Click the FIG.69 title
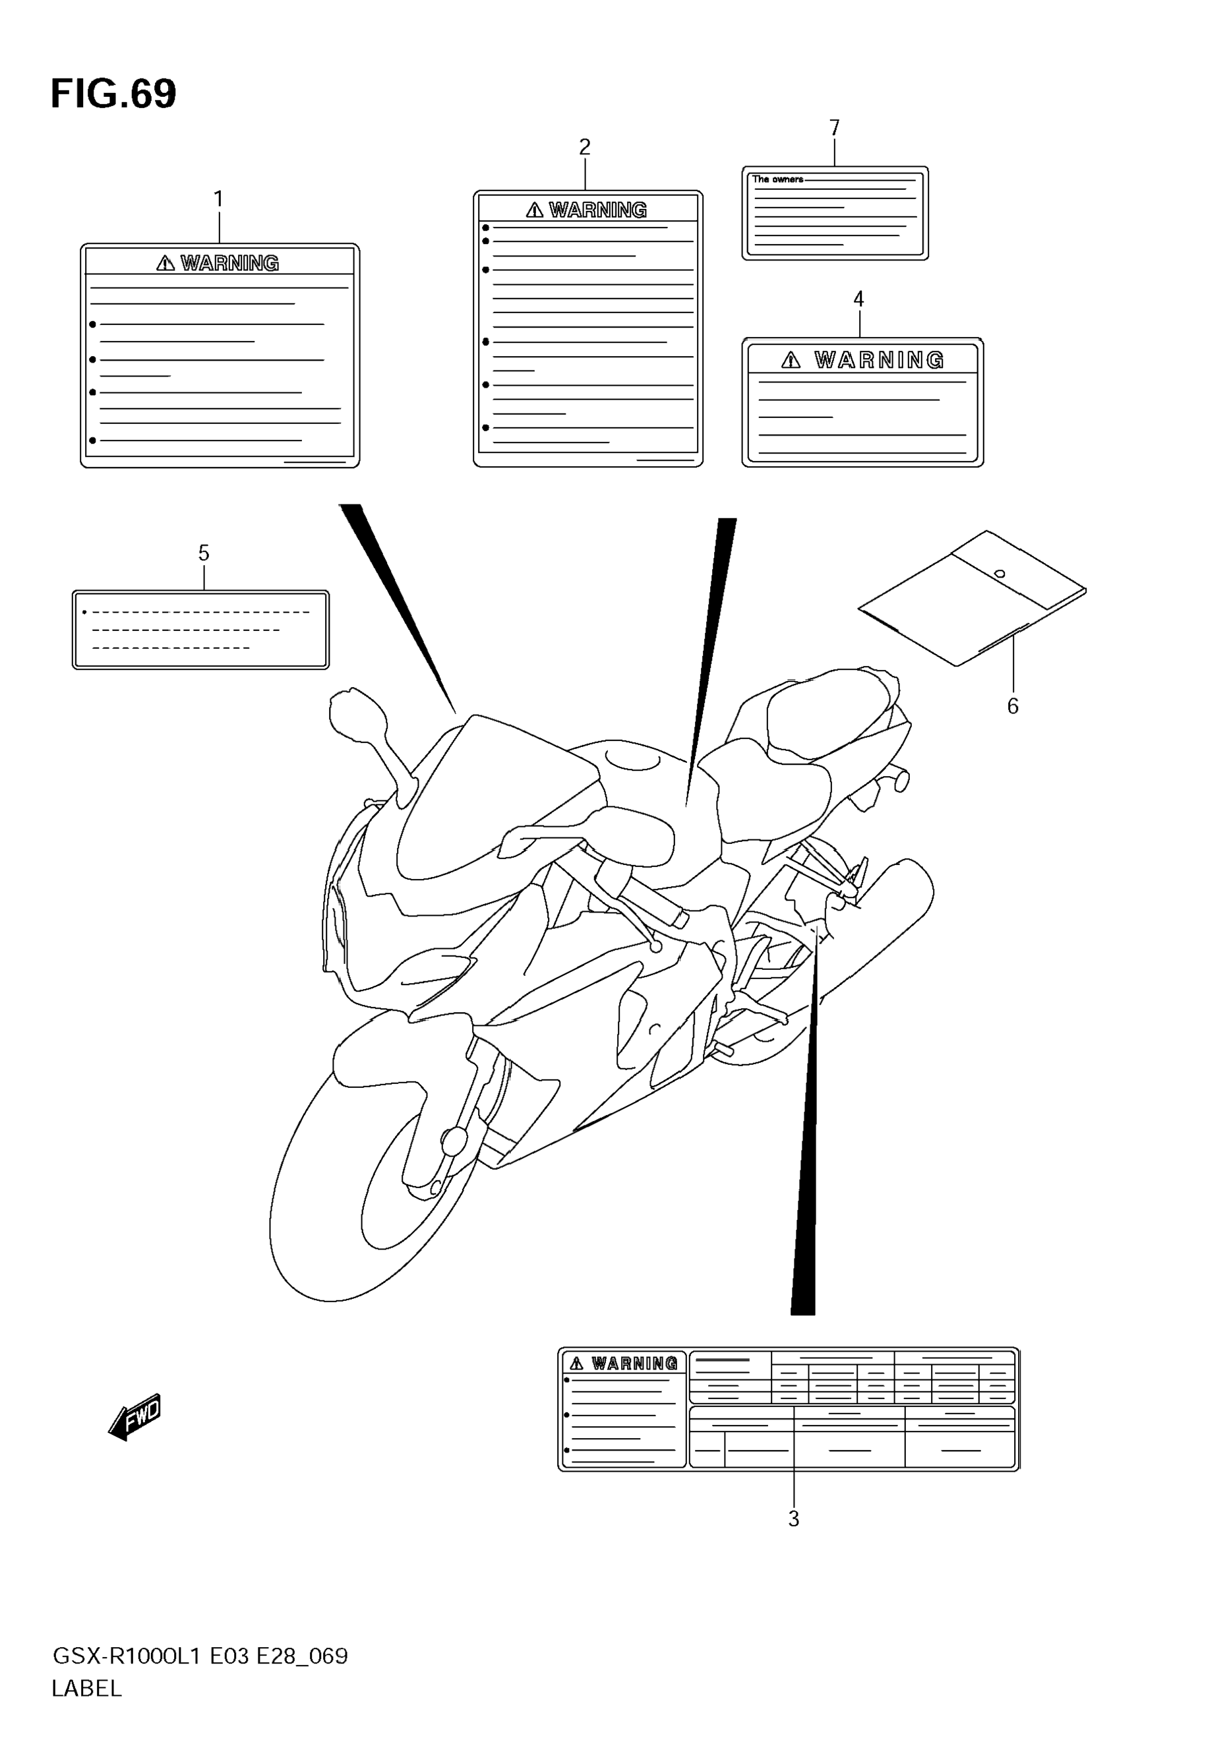[x=113, y=94]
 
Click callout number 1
[x=219, y=200]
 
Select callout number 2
[x=585, y=146]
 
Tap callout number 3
[x=794, y=1519]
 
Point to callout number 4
[x=859, y=299]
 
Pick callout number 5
[x=204, y=554]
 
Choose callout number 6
[x=1012, y=706]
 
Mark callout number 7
[x=835, y=128]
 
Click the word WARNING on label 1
[x=229, y=263]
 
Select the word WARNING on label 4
[x=880, y=360]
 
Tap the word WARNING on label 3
[x=634, y=1364]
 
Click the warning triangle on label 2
[x=535, y=210]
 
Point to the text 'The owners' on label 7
[x=777, y=179]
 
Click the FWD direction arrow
[x=136, y=1416]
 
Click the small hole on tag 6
[x=1000, y=574]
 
